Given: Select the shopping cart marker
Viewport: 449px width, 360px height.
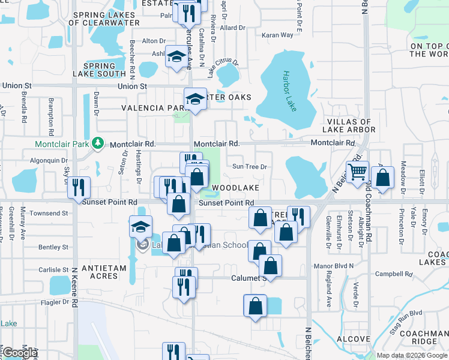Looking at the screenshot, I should (x=357, y=172).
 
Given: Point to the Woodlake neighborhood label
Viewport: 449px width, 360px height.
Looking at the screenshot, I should (x=235, y=188).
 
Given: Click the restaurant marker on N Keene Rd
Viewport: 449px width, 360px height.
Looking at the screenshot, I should (x=79, y=187).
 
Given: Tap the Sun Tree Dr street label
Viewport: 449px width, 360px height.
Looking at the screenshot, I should (x=249, y=167).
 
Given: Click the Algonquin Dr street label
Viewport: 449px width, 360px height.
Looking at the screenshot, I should (x=49, y=160).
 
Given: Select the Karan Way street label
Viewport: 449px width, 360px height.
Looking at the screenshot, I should (x=277, y=35).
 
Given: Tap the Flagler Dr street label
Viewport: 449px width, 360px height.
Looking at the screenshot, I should (x=52, y=302).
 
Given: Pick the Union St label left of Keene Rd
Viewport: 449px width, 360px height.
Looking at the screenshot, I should (x=16, y=86).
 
